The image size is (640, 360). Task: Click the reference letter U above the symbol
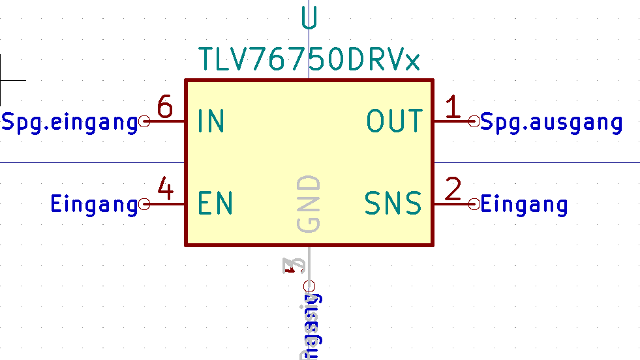(309, 18)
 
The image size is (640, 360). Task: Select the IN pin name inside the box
(211, 121)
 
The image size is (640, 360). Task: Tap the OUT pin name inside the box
(394, 121)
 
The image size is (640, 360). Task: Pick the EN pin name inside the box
(215, 203)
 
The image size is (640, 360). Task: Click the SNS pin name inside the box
(393, 203)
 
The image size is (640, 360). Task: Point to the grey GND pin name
(309, 203)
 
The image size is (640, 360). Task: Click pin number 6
(165, 107)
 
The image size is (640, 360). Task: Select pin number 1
(453, 107)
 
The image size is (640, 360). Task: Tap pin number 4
(166, 190)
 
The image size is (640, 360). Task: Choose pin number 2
(453, 190)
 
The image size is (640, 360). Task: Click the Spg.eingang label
(70, 122)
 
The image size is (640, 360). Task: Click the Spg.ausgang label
(551, 122)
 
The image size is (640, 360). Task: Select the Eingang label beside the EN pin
(94, 205)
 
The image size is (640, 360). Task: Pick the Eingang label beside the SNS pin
(524, 205)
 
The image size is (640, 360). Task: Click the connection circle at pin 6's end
(145, 121)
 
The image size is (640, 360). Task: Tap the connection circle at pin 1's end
(474, 121)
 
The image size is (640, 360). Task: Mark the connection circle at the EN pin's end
(145, 204)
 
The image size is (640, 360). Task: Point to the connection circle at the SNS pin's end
(474, 204)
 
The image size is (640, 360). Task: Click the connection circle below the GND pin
(309, 286)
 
